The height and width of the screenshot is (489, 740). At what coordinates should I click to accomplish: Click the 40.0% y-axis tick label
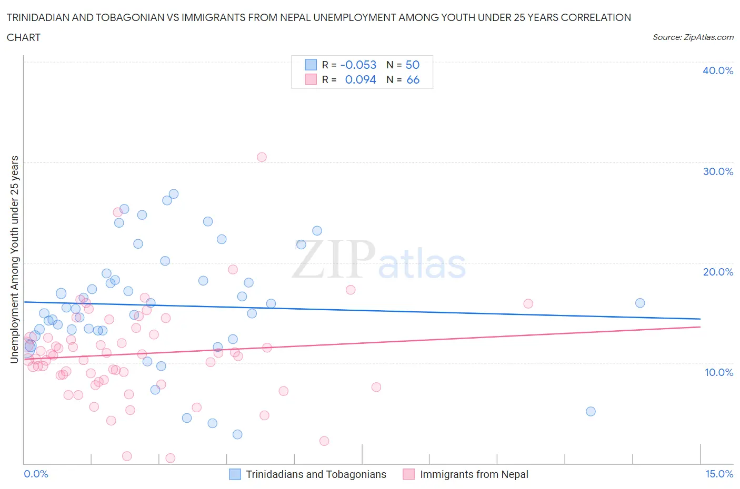(x=718, y=70)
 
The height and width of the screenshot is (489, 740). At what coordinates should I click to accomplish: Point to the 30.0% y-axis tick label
(x=718, y=171)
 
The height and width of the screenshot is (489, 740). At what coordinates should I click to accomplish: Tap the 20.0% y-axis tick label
(x=718, y=272)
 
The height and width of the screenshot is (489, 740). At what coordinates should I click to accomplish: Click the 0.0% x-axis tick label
(x=36, y=474)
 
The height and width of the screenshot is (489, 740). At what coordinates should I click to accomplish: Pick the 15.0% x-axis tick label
(x=719, y=474)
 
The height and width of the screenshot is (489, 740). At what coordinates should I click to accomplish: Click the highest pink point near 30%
(x=262, y=157)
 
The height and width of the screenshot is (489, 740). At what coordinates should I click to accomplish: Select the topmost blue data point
(x=174, y=194)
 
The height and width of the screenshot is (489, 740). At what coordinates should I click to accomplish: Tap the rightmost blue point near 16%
(x=640, y=303)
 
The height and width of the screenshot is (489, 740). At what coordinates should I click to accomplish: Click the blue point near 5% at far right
(x=591, y=411)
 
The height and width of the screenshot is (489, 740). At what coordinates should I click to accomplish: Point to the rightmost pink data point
(x=528, y=303)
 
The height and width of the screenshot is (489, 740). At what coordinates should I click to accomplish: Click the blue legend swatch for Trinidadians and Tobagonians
(x=235, y=474)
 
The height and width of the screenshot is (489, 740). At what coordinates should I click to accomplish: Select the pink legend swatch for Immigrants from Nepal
(x=408, y=474)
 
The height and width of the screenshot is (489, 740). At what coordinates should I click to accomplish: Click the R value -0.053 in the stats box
(x=358, y=65)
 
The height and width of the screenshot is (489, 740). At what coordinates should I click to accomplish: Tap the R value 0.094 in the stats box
(x=361, y=79)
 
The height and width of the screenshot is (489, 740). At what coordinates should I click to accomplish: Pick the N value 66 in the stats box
(x=413, y=79)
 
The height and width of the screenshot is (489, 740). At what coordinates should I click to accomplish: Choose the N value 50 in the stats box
(x=413, y=65)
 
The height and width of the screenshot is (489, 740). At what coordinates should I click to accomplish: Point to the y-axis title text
(x=15, y=259)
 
